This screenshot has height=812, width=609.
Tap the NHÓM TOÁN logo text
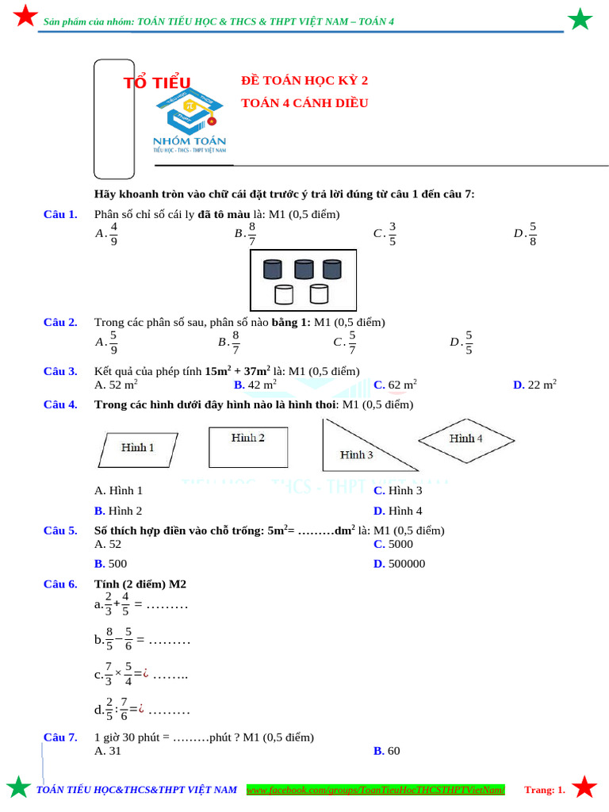[190, 141]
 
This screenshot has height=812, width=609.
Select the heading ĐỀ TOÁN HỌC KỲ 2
[304, 81]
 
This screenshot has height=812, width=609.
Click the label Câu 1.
[60, 214]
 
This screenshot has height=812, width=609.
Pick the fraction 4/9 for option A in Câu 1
[114, 233]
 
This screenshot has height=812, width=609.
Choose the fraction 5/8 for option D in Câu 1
[533, 233]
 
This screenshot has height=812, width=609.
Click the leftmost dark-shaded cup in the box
[273, 270]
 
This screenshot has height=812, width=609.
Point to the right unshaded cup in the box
[319, 295]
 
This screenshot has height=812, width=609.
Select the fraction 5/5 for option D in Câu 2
[469, 342]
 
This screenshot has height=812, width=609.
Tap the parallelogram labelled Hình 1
[138, 448]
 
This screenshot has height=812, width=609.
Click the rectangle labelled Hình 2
[247, 448]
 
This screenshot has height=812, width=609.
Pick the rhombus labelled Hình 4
[467, 439]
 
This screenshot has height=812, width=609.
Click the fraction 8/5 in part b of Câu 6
[110, 639]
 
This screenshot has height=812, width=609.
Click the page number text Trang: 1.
[545, 790]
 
